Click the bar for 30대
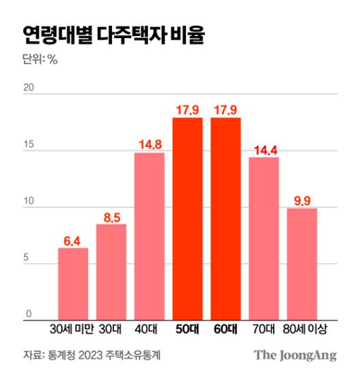[x=111, y=272]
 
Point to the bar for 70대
[x=264, y=238]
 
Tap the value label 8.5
[x=111, y=217]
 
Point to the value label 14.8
[x=149, y=145]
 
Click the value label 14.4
[x=264, y=150]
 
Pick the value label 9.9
[x=302, y=201]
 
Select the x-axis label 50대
[x=187, y=330]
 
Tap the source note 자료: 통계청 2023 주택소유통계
[x=86, y=355]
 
